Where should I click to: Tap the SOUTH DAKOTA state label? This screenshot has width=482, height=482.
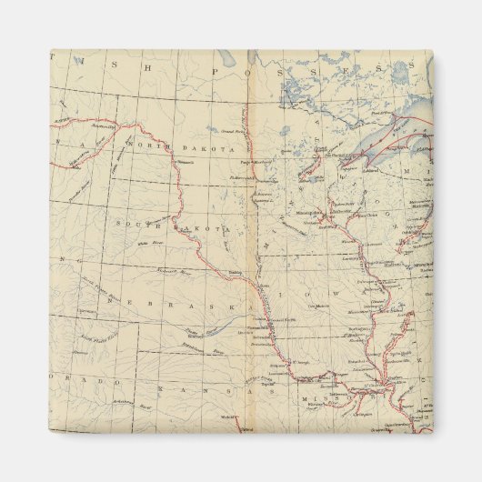(169, 226)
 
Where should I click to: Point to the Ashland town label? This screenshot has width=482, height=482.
(371, 167)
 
